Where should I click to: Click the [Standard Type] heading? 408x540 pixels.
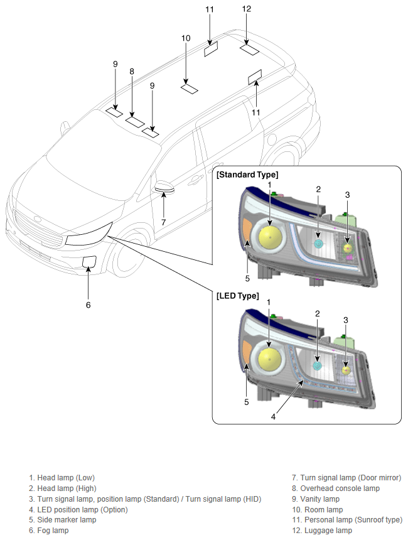(247, 175)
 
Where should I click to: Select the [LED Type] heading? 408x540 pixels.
(237, 296)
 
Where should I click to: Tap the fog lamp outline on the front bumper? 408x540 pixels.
(89, 261)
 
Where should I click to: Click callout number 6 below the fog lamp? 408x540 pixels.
(88, 305)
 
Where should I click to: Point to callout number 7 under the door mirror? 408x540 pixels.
(164, 222)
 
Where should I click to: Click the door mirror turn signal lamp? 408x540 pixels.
(164, 189)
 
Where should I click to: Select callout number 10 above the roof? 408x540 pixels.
(186, 38)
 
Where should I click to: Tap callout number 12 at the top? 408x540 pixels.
(247, 9)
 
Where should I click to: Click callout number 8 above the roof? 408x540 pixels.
(132, 72)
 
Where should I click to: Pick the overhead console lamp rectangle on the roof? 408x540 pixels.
(135, 122)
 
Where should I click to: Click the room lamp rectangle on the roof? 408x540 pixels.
(190, 89)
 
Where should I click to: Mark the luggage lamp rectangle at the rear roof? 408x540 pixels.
(250, 50)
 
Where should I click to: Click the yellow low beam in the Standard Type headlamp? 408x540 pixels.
(271, 237)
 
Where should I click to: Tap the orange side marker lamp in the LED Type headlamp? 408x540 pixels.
(246, 351)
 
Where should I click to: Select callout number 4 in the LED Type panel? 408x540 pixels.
(273, 417)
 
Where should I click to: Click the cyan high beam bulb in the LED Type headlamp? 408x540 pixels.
(317, 366)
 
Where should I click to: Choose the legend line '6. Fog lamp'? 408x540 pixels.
(48, 531)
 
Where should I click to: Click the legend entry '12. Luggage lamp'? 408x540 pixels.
(322, 531)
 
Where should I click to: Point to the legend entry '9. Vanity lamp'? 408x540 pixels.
(316, 499)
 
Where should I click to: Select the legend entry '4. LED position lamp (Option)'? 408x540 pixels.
(78, 509)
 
